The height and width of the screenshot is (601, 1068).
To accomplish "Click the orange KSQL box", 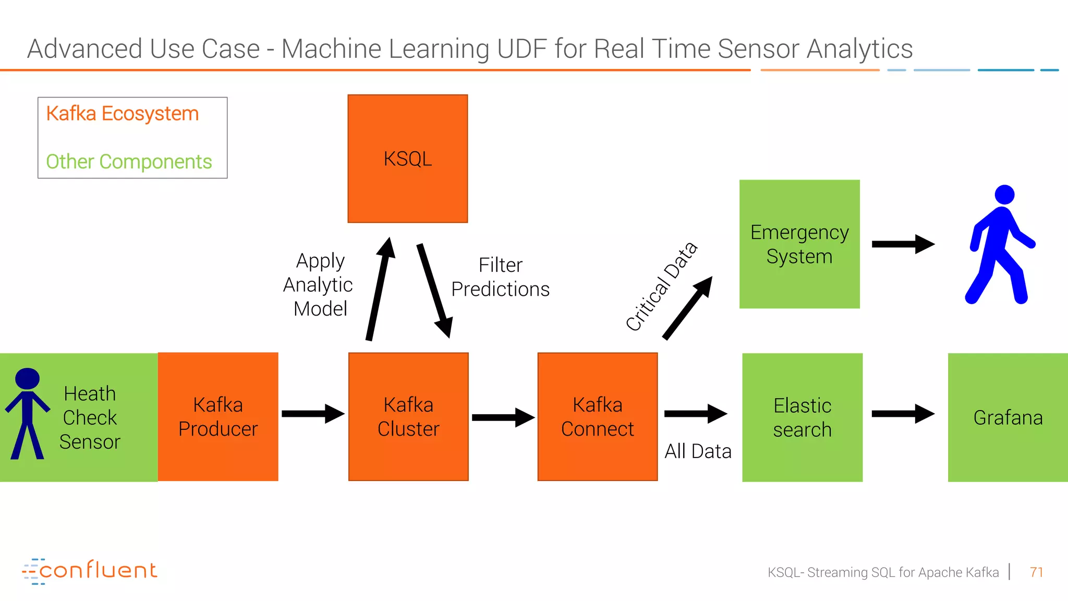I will (x=407, y=159).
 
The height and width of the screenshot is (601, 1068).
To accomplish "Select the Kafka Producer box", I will (x=218, y=417).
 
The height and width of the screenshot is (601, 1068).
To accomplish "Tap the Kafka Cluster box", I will (x=408, y=417).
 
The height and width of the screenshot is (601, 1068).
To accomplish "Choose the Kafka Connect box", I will (x=598, y=417).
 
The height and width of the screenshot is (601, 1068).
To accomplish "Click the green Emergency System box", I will (x=799, y=244).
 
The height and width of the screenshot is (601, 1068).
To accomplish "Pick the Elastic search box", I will (x=802, y=417).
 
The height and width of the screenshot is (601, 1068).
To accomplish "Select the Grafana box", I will (x=1008, y=417).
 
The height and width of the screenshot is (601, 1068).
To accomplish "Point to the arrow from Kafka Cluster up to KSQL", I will (x=380, y=290).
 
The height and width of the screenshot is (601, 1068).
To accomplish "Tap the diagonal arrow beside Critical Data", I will (x=687, y=308).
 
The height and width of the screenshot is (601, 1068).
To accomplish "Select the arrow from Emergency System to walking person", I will (x=903, y=244).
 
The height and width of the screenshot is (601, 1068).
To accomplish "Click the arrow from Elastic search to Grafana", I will (x=903, y=414).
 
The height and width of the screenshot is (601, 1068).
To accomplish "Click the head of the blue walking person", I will (x=1004, y=195).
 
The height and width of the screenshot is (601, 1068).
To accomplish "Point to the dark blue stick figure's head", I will (x=28, y=378).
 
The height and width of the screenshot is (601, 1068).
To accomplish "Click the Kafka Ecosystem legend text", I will (x=123, y=114).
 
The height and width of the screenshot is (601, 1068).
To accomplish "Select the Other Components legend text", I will (x=129, y=162).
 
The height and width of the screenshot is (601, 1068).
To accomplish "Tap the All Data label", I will (x=698, y=451).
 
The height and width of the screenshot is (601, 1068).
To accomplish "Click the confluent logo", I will (x=90, y=571).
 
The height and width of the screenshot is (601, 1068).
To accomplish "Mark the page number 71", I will (x=1036, y=572).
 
